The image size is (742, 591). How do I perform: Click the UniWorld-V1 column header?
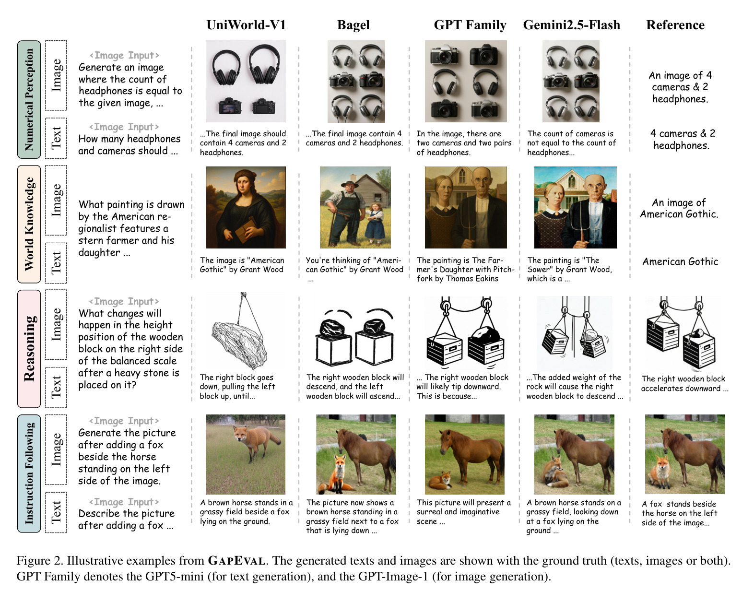pyautogui.click(x=246, y=25)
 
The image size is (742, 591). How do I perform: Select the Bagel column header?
pyautogui.click(x=353, y=25)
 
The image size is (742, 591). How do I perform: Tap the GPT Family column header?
pyautogui.click(x=470, y=25)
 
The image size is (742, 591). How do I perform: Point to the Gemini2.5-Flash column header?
pyautogui.click(x=571, y=25)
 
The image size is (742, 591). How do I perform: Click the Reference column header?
pyautogui.click(x=675, y=25)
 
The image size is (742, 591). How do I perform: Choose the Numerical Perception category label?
pyautogui.click(x=29, y=99)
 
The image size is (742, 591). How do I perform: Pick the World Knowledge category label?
pyautogui.click(x=29, y=224)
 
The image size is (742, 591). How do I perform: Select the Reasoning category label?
pyautogui.click(x=29, y=349)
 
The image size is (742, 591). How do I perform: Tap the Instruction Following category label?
pyautogui.click(x=29, y=473)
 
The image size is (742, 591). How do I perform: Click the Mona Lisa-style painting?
pyautogui.click(x=246, y=207)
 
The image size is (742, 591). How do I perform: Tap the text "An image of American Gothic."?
pyautogui.click(x=679, y=208)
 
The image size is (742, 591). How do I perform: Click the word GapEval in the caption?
pyautogui.click(x=236, y=561)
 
